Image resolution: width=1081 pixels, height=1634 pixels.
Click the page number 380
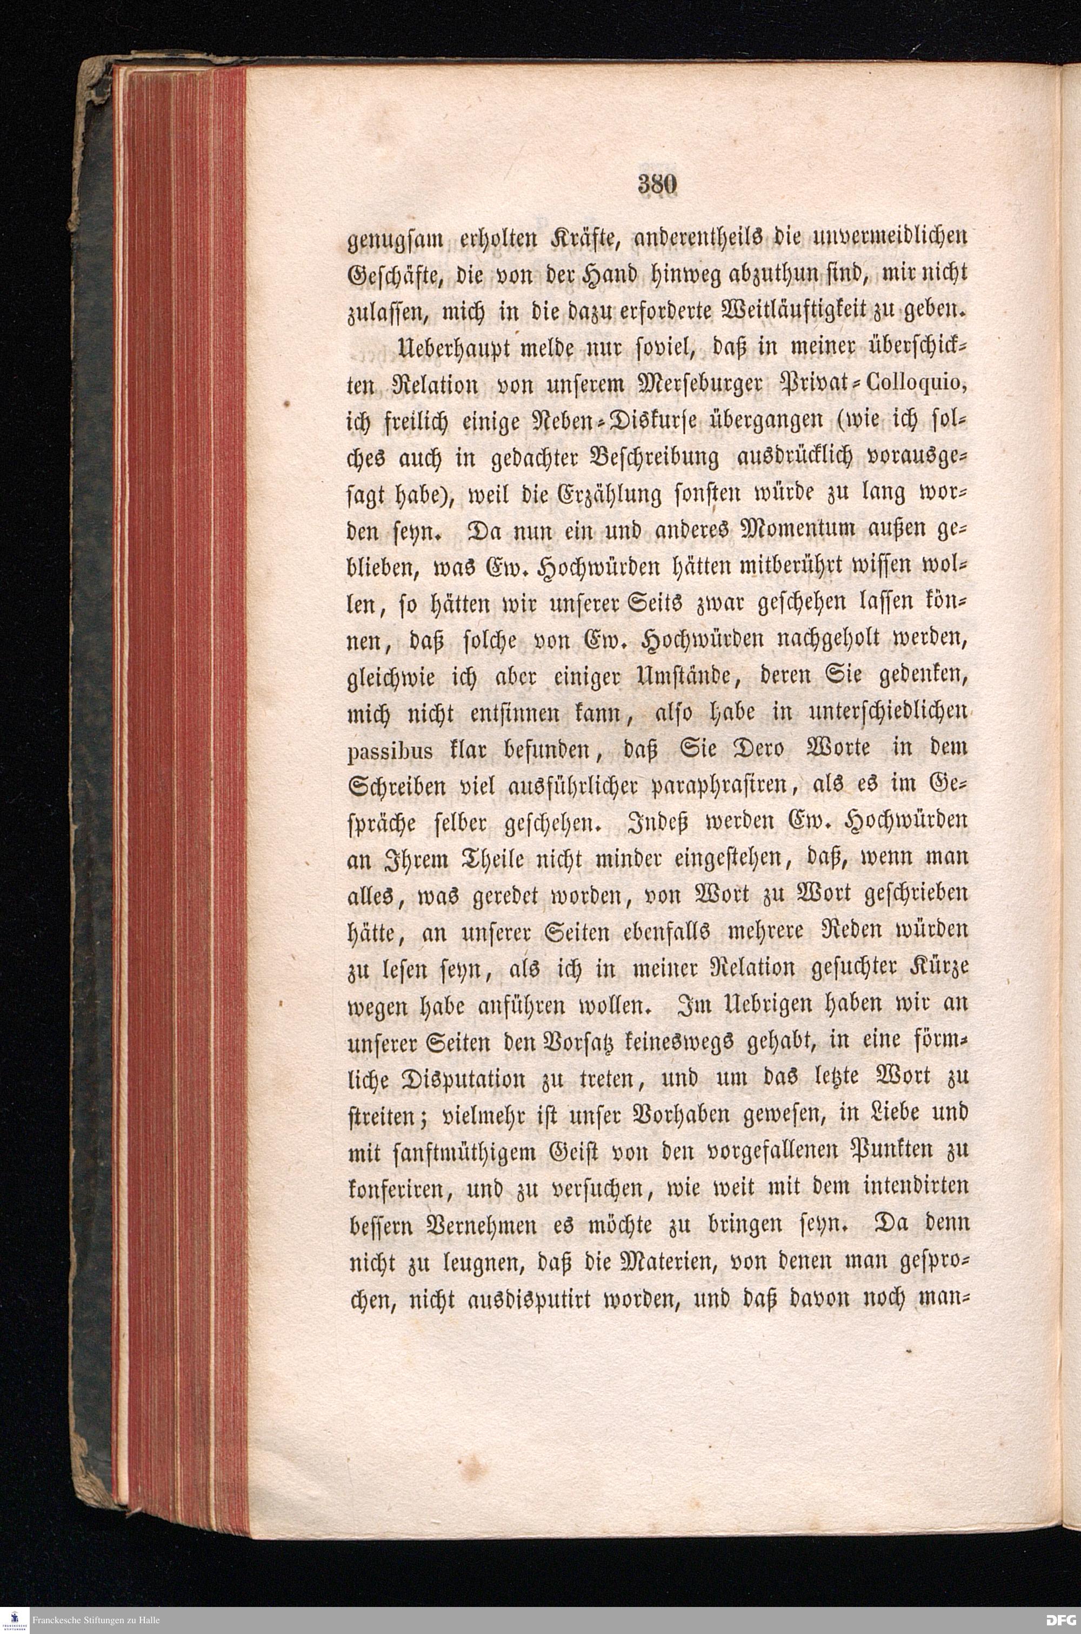659,186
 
